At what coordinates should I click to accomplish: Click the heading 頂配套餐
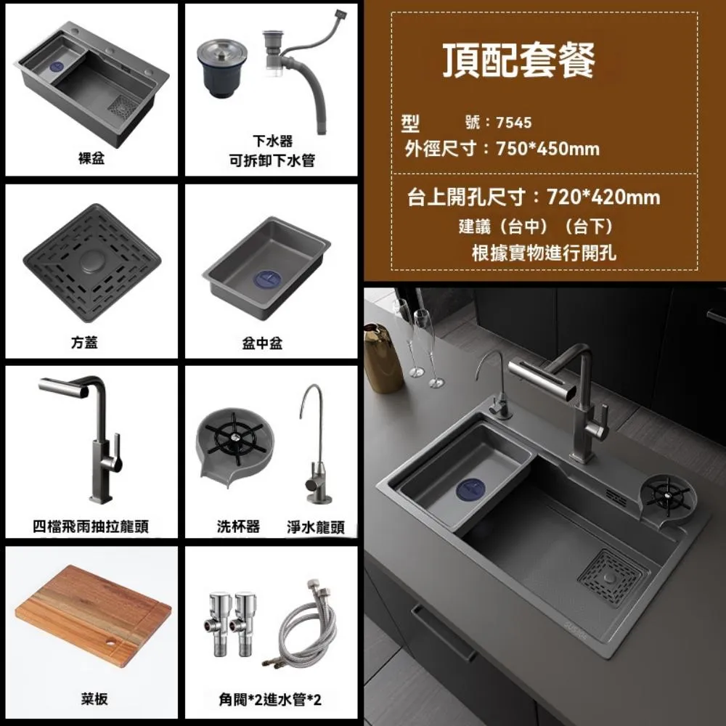(519, 61)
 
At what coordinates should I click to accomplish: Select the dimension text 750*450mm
(548, 149)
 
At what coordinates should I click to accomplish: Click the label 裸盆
(91, 158)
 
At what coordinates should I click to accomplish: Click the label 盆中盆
(262, 343)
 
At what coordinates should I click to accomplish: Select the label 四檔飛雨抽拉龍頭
(91, 526)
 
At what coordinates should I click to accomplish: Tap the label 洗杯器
(238, 526)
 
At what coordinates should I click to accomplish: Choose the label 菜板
(94, 699)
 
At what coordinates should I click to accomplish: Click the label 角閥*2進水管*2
(270, 700)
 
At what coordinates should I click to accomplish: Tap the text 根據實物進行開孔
(544, 253)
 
